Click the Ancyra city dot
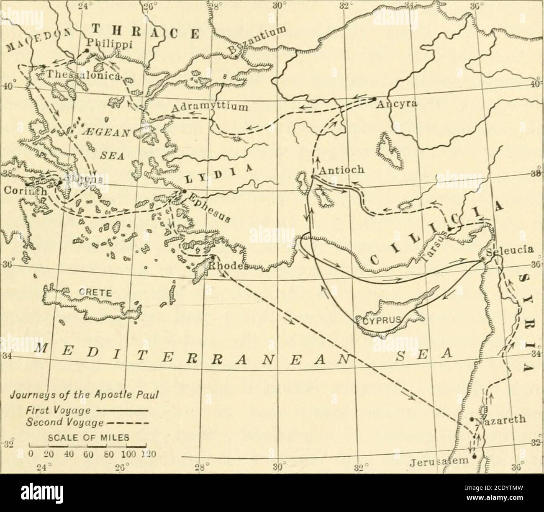pos(374,99)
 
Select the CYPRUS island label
pos(379,321)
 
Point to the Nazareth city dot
pos(472,419)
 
